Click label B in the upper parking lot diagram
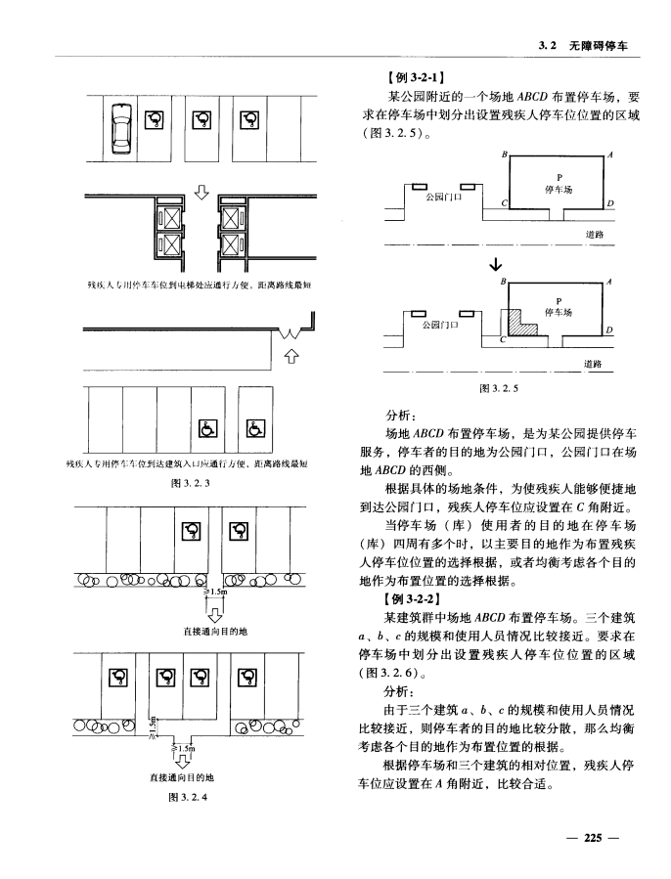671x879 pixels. click(x=505, y=154)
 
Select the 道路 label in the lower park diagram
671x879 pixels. click(x=593, y=364)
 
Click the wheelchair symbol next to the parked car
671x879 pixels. click(x=156, y=119)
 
